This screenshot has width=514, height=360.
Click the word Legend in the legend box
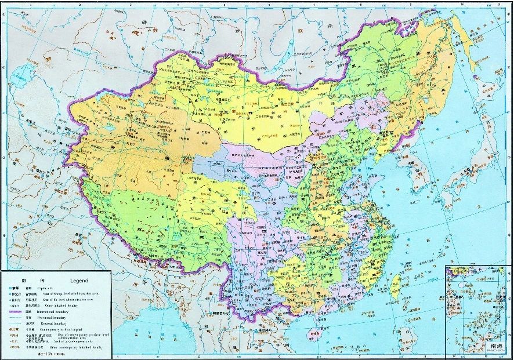(79, 280)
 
